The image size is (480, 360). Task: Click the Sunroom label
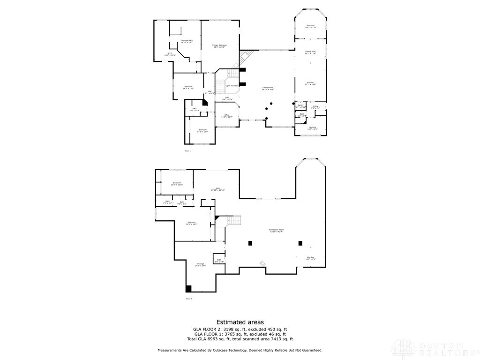tap(311, 26)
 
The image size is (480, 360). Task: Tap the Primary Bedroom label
tap(219, 46)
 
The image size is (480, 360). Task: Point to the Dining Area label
tap(310, 52)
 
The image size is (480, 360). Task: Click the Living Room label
tap(268, 88)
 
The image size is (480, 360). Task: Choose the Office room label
tap(227, 116)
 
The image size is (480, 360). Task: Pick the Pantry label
tap(300, 106)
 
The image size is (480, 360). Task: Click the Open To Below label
tap(232, 86)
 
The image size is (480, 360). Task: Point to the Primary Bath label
tap(187, 41)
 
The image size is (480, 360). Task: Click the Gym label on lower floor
tap(217, 189)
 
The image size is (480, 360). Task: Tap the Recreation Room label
tap(276, 230)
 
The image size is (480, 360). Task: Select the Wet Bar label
tap(310, 258)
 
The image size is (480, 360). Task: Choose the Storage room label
tap(201, 264)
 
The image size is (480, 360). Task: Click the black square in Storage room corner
tap(188, 289)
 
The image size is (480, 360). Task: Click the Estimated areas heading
tap(240, 322)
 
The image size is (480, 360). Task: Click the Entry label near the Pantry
tap(316, 107)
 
